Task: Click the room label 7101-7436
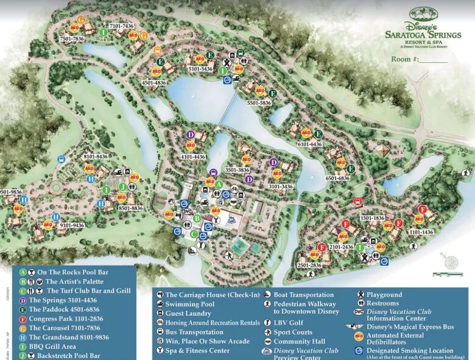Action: click(122, 26)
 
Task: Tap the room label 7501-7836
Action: click(72, 39)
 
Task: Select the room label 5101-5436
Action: click(200, 69)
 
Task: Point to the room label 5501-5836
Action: click(259, 103)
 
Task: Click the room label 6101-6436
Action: click(309, 144)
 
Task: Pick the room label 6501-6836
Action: click(337, 178)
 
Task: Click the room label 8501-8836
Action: click(130, 208)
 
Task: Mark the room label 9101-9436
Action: click(71, 225)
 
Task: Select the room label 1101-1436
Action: click(421, 231)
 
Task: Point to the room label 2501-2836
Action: click(310, 266)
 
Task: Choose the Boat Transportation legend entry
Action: click(303, 295)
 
